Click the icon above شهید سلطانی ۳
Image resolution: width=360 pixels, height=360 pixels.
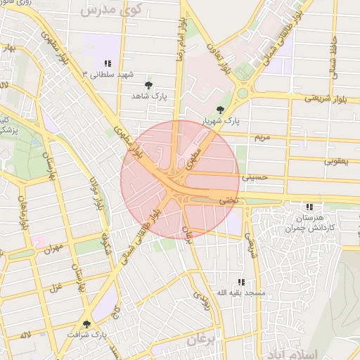pos(108,63)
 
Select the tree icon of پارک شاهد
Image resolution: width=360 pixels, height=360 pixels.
pos(148,85)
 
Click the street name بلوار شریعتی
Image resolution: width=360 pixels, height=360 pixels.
pos(326,98)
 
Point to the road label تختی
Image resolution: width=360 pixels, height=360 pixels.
pos(226,200)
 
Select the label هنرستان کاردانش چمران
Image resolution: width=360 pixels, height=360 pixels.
pos(310,224)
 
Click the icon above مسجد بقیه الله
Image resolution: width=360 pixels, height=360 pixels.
pos(241,282)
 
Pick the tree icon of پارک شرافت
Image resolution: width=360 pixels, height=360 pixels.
pos(86,324)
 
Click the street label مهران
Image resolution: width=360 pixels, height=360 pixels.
pos(53,248)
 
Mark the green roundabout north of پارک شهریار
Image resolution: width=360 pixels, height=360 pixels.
pos(243,93)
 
